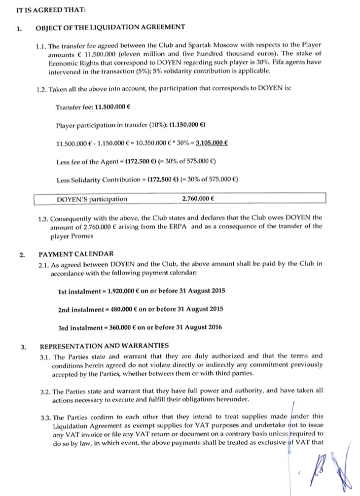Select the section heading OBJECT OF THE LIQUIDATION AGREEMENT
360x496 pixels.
point(110,27)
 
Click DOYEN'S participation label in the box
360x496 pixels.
point(92,199)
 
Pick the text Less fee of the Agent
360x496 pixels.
point(87,161)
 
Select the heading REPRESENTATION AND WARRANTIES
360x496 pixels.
point(104,346)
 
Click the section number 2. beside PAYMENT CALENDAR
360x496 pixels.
point(22,255)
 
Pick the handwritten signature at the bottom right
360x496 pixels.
point(335,468)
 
